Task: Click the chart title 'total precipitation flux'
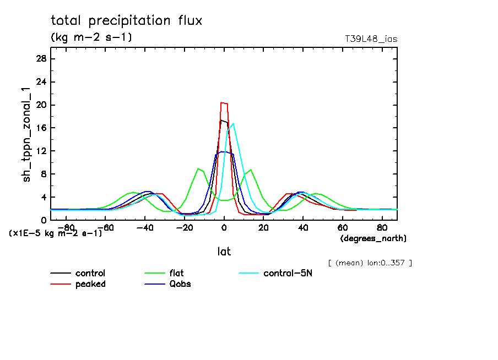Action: point(127,21)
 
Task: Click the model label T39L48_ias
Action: point(371,39)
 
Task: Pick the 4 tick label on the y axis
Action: point(44,197)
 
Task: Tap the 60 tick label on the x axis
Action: point(342,227)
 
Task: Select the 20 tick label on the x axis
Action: point(263,227)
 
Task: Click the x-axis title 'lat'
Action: point(224,252)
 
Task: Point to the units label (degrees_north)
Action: point(373,238)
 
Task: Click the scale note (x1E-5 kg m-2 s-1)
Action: point(56,233)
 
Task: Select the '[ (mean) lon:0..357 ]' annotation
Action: point(369,263)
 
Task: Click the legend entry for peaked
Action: point(90,284)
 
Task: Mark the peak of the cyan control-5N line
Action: point(234,123)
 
